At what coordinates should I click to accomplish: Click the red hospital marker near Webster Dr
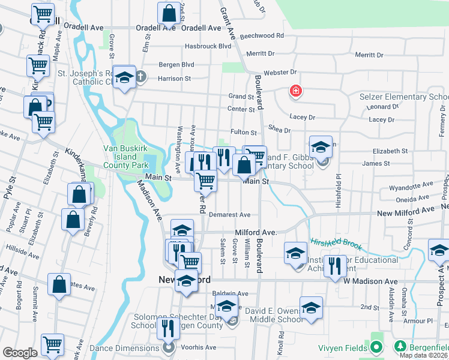pyautogui.click(x=295, y=91)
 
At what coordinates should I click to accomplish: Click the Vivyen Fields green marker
pyautogui.click(x=376, y=347)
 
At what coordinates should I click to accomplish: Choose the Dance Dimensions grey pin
pyautogui.click(x=169, y=347)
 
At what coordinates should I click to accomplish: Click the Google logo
pyautogui.click(x=20, y=353)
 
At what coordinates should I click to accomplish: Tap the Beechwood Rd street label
pyautogui.click(x=261, y=36)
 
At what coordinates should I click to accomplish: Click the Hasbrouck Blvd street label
pyautogui.click(x=208, y=46)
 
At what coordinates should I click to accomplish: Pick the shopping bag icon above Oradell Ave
pyautogui.click(x=169, y=12)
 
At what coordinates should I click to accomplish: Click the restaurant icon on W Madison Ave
pyautogui.click(x=334, y=266)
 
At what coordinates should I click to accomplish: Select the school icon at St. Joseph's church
pyautogui.click(x=124, y=77)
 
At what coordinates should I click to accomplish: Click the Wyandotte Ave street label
pyautogui.click(x=411, y=187)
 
